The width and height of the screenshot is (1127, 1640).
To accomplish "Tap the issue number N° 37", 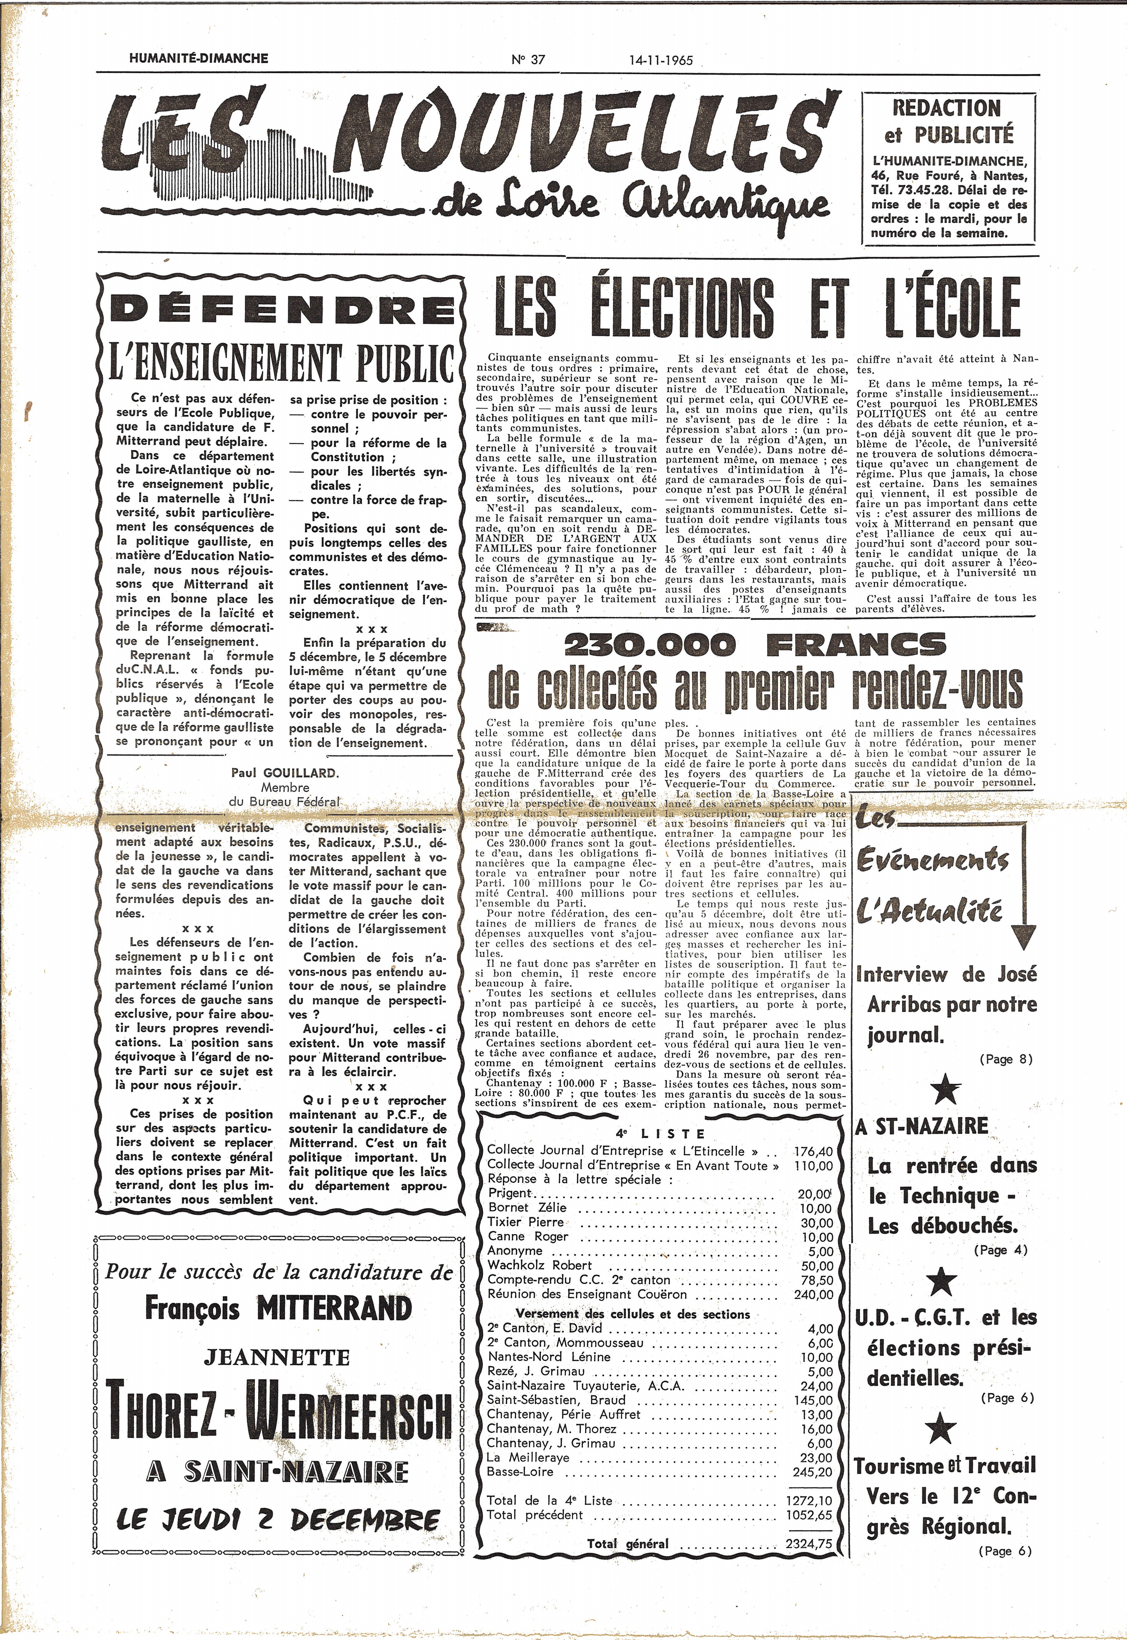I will pos(528,59).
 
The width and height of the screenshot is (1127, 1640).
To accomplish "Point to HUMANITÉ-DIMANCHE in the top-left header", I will pos(199,58).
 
